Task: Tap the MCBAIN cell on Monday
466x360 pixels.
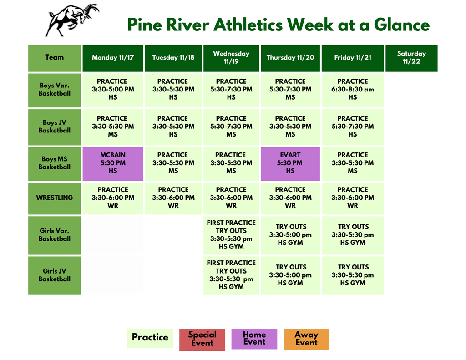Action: [x=113, y=163]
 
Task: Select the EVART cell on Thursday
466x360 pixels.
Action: [x=290, y=163]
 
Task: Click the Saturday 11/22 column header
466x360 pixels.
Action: [x=411, y=58]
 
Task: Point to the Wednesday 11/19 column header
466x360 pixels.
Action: [x=231, y=58]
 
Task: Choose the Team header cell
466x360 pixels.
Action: [x=55, y=58]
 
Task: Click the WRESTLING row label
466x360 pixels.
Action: [x=55, y=198]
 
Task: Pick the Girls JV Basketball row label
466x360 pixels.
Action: [x=55, y=275]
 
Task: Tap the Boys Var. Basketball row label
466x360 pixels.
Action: [x=55, y=90]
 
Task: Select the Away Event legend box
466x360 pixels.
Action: [x=306, y=339]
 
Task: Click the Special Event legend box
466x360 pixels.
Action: [x=202, y=340]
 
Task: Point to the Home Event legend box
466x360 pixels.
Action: [x=254, y=339]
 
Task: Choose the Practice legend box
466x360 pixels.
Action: [x=150, y=338]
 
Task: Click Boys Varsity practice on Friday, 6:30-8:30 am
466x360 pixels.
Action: [x=353, y=90]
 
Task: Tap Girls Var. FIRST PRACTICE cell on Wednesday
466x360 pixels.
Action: [x=231, y=235]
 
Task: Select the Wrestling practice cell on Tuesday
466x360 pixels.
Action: [x=173, y=198]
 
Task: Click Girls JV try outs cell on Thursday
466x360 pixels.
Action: [x=290, y=275]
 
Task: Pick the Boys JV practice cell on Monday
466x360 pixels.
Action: [x=113, y=127]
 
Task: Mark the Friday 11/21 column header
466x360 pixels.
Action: [x=353, y=58]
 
